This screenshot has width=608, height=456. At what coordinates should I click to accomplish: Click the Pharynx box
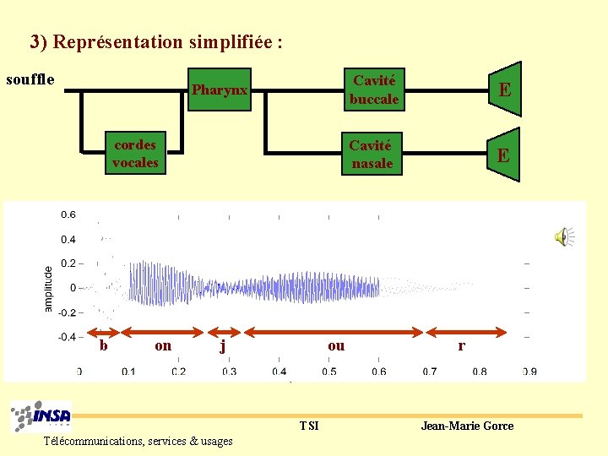(x=220, y=90)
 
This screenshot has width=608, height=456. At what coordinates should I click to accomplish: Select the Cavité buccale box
(x=374, y=90)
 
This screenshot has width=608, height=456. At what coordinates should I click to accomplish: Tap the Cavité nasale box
(x=372, y=155)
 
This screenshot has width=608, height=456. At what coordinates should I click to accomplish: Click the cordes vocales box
(x=135, y=154)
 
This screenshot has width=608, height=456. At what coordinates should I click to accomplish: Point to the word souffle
(x=30, y=80)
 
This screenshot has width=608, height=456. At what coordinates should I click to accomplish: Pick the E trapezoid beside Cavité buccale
(x=503, y=90)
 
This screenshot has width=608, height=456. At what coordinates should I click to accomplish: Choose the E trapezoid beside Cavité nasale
(x=503, y=155)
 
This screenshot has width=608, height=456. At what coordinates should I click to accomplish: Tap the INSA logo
(x=41, y=416)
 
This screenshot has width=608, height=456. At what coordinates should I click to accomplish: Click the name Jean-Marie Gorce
(x=467, y=426)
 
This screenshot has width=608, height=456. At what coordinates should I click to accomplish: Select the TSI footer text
(x=309, y=426)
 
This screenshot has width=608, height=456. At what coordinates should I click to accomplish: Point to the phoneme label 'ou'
(x=336, y=345)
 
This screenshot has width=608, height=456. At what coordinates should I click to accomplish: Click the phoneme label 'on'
(x=163, y=345)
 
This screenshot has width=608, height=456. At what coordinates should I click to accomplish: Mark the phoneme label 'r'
(x=461, y=345)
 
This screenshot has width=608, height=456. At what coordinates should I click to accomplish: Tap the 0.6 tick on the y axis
(x=68, y=214)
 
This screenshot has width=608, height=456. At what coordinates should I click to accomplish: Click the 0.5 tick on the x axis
(x=328, y=372)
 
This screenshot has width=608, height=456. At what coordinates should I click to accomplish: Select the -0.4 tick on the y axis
(x=66, y=337)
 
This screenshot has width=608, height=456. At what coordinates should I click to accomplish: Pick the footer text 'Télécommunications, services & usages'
(x=138, y=441)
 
